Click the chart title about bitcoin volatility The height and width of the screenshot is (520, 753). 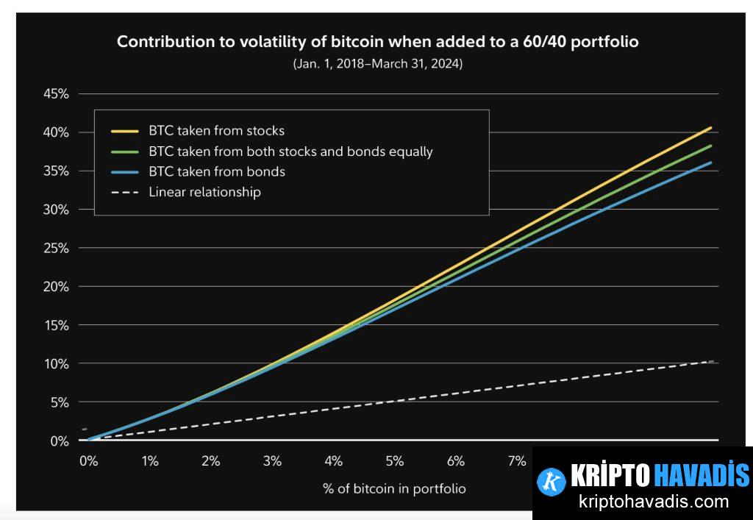pos(377,42)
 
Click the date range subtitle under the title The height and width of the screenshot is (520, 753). pos(377,64)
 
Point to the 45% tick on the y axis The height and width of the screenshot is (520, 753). pos(56,94)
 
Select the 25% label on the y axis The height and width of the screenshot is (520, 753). pos(56,249)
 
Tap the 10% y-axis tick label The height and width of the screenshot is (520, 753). pos(56,364)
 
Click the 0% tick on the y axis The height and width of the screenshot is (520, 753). pos(59,441)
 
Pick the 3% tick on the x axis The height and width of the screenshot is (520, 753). pos(272,462)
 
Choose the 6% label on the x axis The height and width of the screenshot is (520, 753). pos(455,462)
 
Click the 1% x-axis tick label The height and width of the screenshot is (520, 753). pos(150,462)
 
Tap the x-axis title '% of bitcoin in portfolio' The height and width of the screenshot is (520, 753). pos(393,488)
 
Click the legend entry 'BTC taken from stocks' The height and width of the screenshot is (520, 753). pos(216,131)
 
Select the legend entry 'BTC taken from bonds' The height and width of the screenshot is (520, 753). pos(216,172)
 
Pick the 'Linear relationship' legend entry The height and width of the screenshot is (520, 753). pos(204,193)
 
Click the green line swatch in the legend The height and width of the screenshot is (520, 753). pos(126,152)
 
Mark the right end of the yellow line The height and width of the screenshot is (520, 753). pos(711,128)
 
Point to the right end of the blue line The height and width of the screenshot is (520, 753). pos(711,163)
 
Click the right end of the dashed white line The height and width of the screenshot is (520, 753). pos(711,361)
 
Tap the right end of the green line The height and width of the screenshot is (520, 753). pos(711,146)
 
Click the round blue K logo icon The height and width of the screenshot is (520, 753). pos(551,482)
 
